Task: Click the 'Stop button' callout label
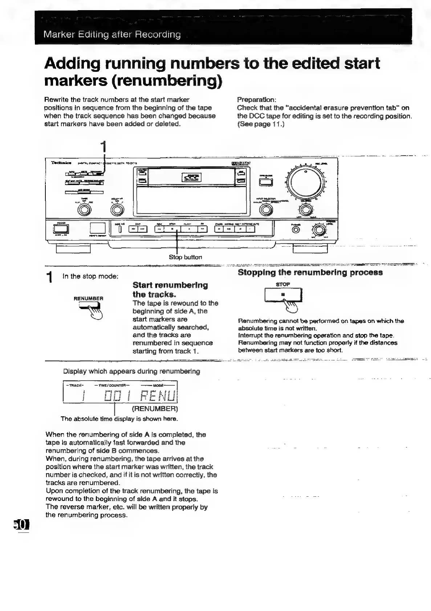[x=185, y=257]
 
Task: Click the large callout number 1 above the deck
[x=104, y=147]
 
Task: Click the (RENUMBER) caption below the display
[x=155, y=409]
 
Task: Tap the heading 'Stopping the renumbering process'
[x=310, y=272]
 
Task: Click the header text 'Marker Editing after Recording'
[x=112, y=35]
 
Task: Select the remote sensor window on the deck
[x=97, y=228]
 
